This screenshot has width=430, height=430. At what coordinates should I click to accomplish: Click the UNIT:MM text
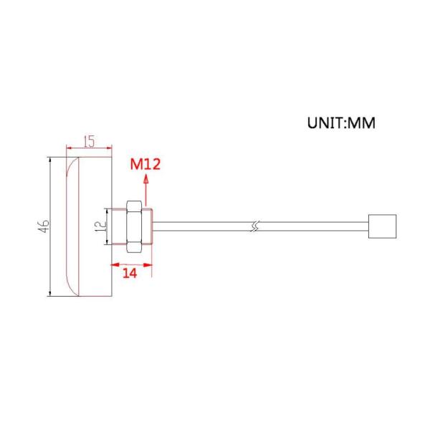tap(341, 123)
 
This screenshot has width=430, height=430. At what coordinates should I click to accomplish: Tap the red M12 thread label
tap(145, 164)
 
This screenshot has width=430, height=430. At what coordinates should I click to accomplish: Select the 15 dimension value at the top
tap(88, 141)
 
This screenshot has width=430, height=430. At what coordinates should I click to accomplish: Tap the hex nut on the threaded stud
tap(134, 226)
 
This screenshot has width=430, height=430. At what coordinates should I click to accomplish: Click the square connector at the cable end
tap(381, 226)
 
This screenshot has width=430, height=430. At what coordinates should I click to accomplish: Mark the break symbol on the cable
tap(254, 226)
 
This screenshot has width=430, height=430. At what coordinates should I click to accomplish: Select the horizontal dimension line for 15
tap(90, 150)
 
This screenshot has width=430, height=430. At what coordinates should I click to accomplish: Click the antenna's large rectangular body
tap(90, 226)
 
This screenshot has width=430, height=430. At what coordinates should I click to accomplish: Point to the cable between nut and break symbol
tap(201, 226)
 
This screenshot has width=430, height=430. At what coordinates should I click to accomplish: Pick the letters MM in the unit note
tap(361, 123)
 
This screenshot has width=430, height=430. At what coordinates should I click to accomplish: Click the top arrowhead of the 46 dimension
tap(50, 162)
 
